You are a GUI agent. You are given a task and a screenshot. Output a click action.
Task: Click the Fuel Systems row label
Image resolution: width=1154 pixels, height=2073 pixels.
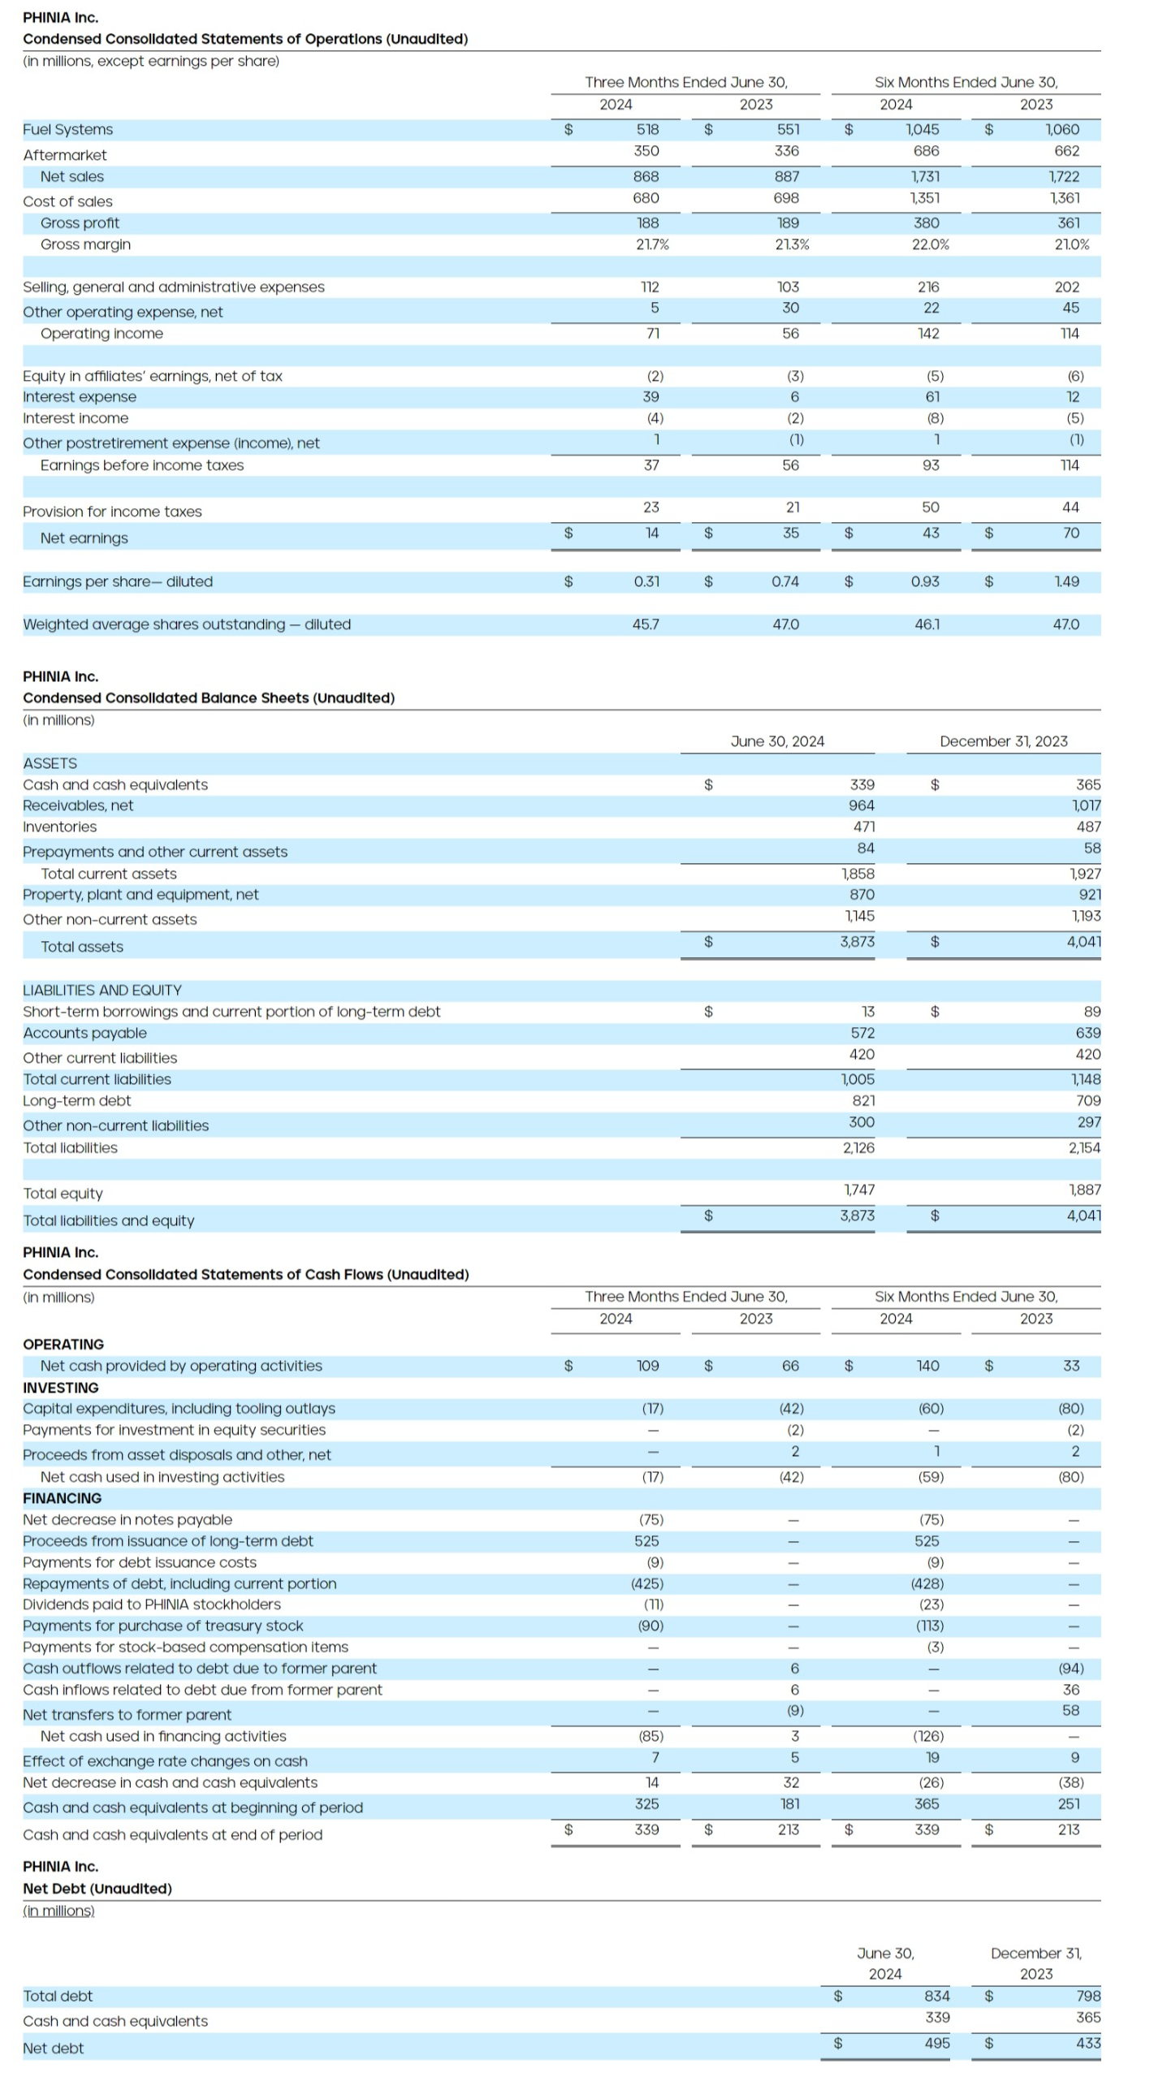tap(67, 130)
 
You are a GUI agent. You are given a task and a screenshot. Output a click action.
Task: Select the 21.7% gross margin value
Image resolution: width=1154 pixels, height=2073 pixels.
tap(651, 244)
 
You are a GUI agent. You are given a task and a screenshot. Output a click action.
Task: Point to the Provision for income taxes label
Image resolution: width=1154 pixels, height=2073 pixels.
tap(112, 512)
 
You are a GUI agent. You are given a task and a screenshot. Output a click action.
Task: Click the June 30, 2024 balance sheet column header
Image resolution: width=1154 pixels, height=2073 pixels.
tap(776, 741)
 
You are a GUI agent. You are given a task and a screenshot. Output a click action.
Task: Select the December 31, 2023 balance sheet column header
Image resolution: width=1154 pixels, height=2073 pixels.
tap(1003, 741)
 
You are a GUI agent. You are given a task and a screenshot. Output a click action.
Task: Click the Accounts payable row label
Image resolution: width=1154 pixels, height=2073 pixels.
tap(84, 1033)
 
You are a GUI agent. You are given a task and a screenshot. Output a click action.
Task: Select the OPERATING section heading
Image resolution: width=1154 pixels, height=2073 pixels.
tap(63, 1344)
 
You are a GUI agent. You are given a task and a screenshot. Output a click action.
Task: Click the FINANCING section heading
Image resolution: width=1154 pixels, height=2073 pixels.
tap(62, 1498)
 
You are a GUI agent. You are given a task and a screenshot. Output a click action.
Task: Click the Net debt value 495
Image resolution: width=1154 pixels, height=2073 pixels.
tap(936, 2043)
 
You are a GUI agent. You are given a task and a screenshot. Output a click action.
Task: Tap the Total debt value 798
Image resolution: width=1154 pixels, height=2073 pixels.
tap(1087, 1996)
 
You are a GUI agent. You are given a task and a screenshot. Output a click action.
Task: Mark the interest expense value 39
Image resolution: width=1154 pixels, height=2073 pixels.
tap(650, 397)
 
